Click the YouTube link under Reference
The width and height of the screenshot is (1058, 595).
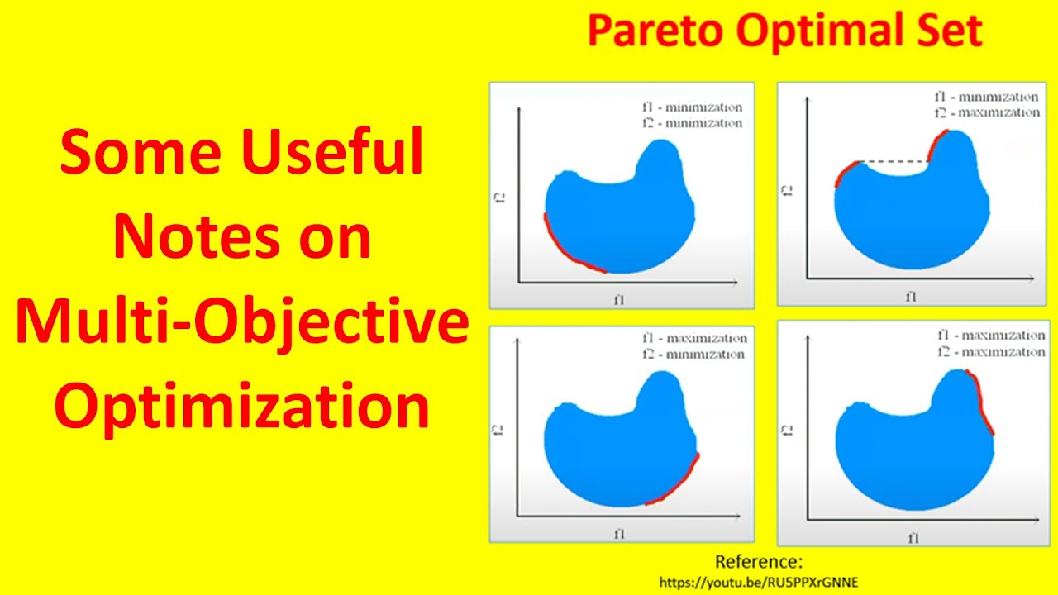tap(758, 582)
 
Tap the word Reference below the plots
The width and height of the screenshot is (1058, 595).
tap(758, 562)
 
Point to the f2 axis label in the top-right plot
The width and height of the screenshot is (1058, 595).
tap(788, 190)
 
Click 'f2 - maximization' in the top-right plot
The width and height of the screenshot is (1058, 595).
tap(986, 112)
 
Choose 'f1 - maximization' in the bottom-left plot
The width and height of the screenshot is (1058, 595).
tap(693, 339)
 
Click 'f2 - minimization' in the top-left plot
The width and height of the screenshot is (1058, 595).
tap(692, 123)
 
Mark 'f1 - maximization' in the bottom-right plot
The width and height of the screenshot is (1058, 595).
tap(990, 336)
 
